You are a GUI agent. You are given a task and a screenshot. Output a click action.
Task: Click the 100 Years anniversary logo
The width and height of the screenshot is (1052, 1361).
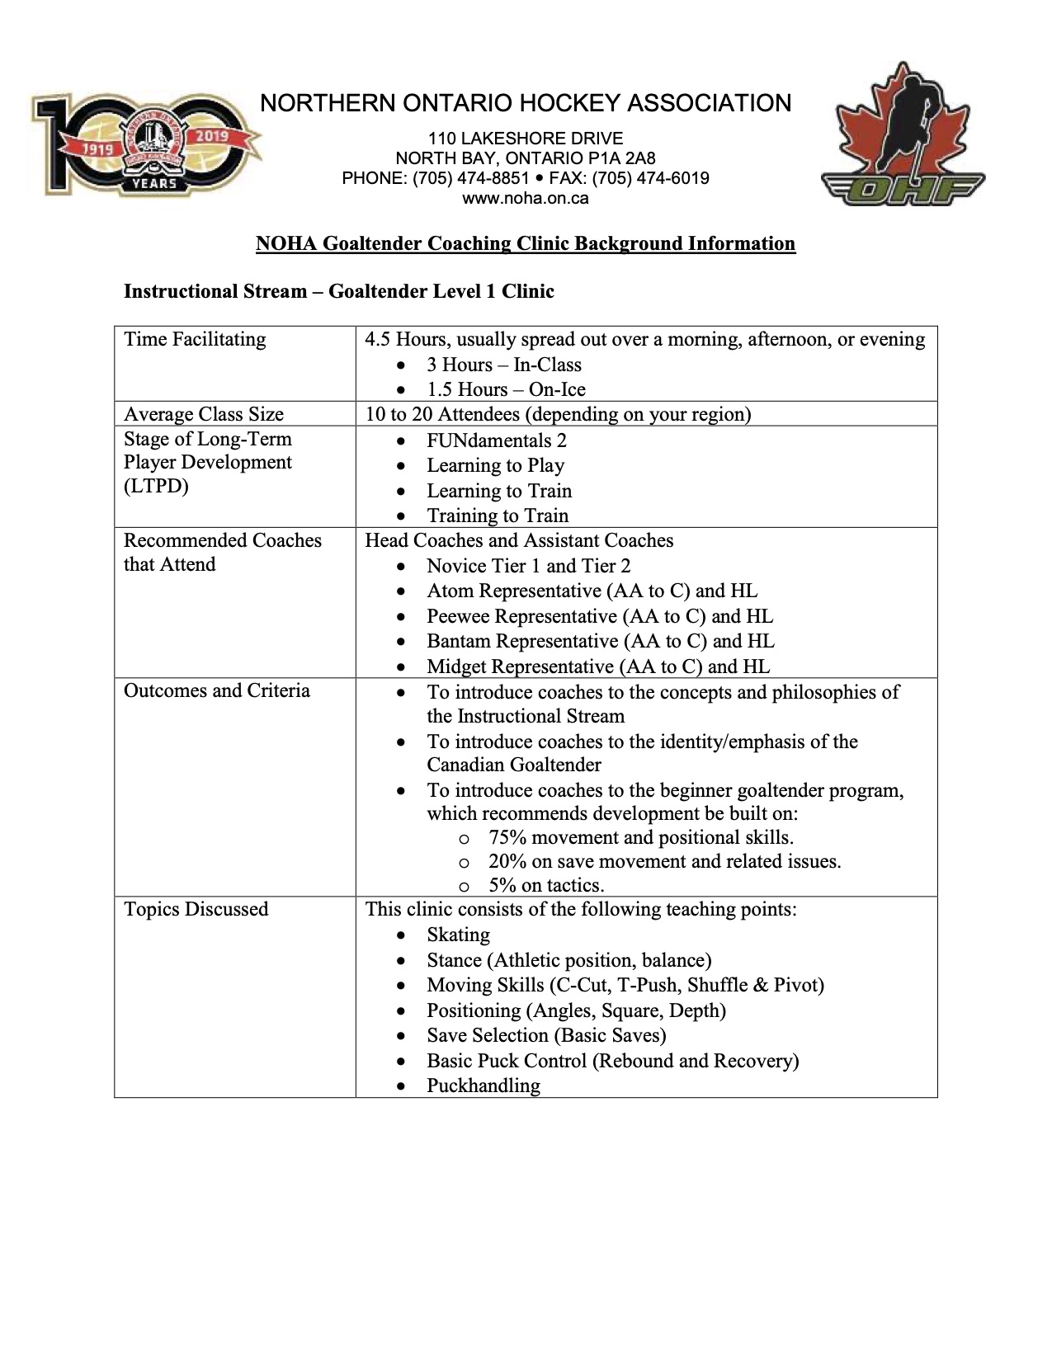tap(146, 145)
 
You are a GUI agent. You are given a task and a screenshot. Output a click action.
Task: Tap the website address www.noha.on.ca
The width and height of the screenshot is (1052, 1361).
tap(526, 198)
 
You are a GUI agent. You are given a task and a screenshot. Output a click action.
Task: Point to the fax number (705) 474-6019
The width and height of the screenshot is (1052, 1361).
tap(650, 178)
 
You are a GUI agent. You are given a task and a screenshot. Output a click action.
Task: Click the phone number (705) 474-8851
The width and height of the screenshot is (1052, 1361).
tap(471, 178)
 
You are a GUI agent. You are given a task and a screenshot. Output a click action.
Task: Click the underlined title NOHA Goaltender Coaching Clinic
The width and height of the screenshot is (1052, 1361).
tap(526, 243)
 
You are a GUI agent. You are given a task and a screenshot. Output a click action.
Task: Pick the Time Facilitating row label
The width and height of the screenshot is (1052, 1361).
tap(195, 339)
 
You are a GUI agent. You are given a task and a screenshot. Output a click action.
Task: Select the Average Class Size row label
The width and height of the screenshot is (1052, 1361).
tap(204, 414)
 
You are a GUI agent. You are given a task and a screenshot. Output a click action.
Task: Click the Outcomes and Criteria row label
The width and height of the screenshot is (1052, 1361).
tap(217, 690)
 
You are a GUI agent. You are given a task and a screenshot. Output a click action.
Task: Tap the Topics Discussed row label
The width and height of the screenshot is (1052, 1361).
tap(196, 909)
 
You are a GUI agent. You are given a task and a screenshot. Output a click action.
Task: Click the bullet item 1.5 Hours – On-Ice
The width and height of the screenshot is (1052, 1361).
tap(506, 389)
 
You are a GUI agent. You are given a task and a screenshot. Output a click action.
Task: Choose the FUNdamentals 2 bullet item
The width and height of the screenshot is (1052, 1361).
tap(497, 440)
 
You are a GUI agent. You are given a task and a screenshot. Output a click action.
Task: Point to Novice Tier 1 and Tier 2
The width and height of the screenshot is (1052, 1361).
tap(528, 566)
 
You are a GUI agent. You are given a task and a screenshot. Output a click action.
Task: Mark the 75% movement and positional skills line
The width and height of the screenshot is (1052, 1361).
tap(640, 837)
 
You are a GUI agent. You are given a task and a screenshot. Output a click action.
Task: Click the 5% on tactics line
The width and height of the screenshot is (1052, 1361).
tap(546, 885)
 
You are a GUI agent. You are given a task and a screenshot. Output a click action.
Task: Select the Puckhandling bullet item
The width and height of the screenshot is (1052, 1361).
tap(484, 1086)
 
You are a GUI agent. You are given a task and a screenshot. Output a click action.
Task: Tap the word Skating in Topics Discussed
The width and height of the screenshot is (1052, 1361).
tap(458, 935)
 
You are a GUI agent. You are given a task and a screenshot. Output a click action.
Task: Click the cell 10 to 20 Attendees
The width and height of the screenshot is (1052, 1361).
tap(558, 414)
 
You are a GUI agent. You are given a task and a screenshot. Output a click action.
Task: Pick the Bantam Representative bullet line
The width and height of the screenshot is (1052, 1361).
tap(600, 641)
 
